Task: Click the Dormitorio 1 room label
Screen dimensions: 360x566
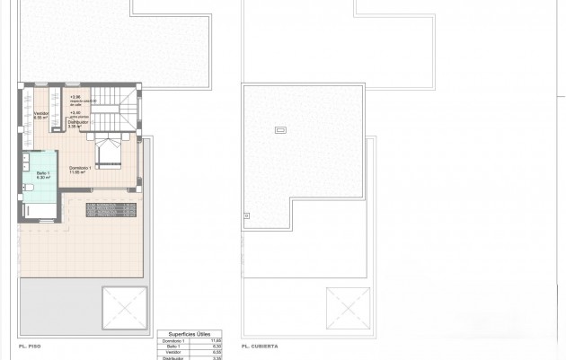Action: pos(78,169)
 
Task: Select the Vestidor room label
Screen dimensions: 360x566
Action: pos(40,114)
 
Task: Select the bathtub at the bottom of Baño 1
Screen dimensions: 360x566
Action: pos(40,210)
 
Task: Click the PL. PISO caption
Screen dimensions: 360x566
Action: pos(31,346)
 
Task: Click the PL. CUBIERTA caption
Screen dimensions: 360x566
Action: pos(261,346)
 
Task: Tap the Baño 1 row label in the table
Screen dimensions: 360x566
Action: pos(171,347)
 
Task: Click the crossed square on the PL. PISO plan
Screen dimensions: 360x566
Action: pos(124,308)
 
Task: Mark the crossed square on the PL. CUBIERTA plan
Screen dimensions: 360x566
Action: pos(348,308)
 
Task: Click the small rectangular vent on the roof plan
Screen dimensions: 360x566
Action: pos(279,130)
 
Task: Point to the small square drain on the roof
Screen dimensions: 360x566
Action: pos(246,214)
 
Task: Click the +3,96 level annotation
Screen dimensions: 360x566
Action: pos(75,97)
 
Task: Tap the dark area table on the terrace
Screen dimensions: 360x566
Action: pos(111,209)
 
